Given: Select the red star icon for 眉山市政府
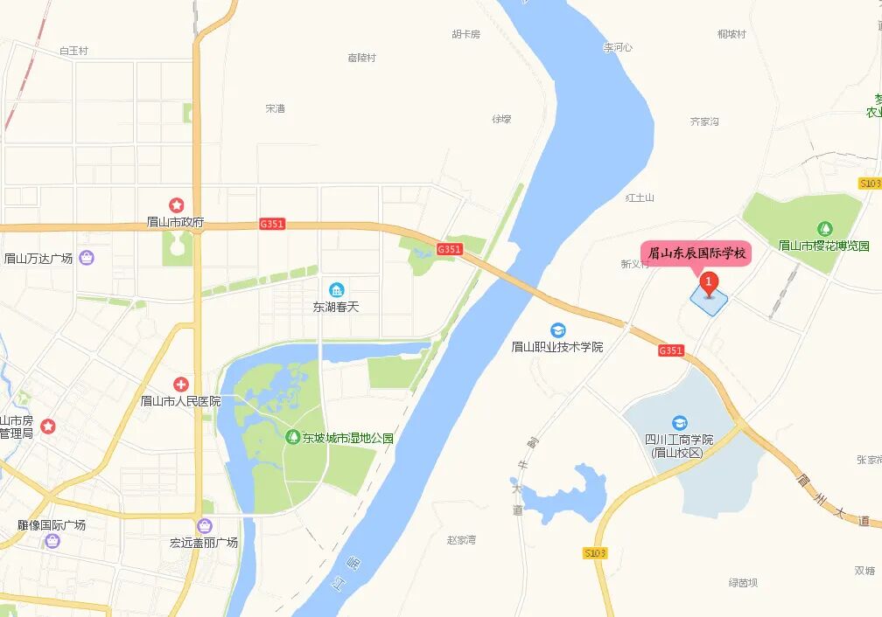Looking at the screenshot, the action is click(177, 205).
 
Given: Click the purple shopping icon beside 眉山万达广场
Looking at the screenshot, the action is click(87, 257).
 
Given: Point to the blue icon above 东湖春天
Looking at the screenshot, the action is click(336, 289).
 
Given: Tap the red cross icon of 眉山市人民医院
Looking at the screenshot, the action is click(181, 384).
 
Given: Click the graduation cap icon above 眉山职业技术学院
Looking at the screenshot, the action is click(557, 329).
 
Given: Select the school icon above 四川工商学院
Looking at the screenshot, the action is click(680, 423).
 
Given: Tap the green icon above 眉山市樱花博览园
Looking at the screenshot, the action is click(823, 230).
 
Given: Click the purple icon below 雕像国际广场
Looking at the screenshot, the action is click(52, 540).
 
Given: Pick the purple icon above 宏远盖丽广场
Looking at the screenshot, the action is click(204, 526).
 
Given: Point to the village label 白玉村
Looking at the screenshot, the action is click(73, 51).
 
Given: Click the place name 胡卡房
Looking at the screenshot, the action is click(466, 34).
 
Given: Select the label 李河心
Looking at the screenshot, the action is click(618, 47).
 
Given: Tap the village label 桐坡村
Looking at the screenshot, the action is click(731, 34).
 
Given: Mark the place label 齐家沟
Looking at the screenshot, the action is click(704, 121).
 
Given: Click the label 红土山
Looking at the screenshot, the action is click(640, 198).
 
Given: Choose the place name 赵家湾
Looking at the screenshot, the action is click(461, 540).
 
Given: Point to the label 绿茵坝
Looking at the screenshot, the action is click(743, 582).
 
